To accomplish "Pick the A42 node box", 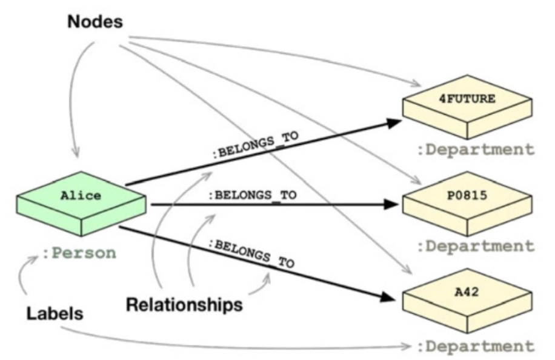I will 467,298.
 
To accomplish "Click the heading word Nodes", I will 95,22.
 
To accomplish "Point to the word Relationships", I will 184,304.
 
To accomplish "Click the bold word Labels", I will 55,315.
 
